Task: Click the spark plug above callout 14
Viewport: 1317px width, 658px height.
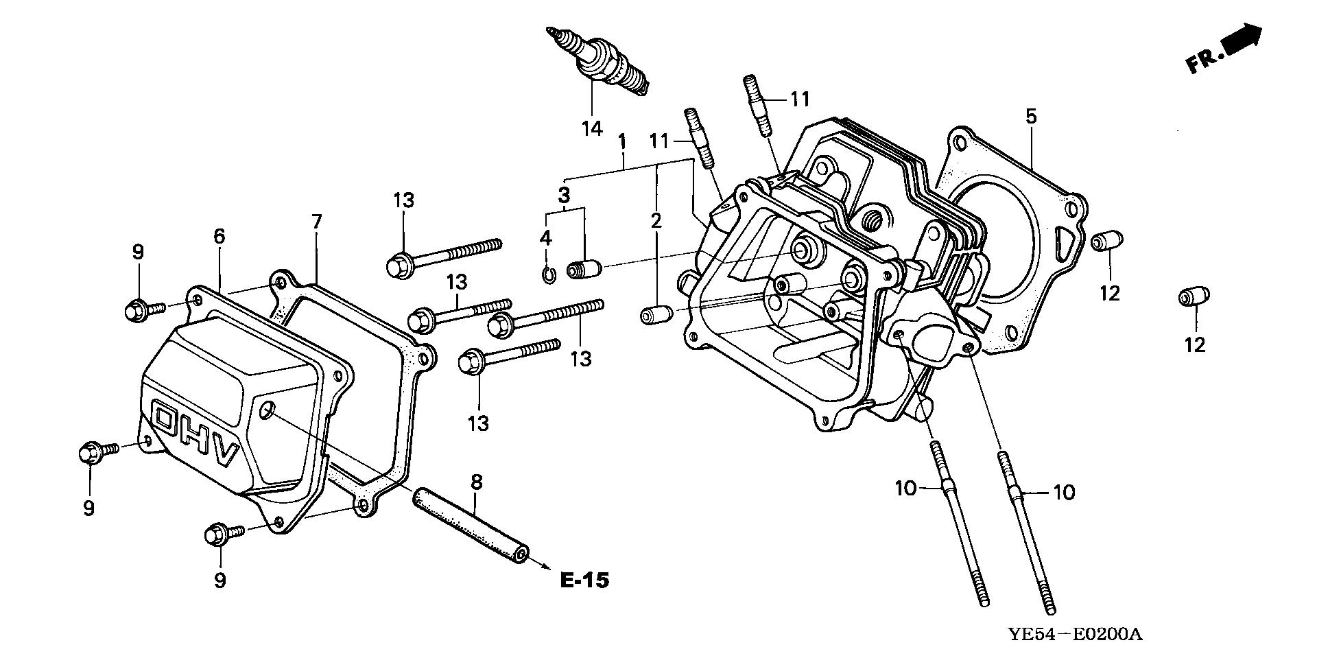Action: [x=597, y=64]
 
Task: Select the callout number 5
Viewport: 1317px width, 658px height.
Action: [x=1032, y=117]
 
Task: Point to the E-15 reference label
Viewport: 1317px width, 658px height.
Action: [x=584, y=580]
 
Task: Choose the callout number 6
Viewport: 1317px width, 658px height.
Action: [x=219, y=236]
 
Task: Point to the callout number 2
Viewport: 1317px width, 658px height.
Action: [x=656, y=220]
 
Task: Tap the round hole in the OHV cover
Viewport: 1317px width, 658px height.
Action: [x=268, y=411]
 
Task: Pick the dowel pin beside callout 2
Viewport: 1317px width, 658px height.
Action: [x=654, y=316]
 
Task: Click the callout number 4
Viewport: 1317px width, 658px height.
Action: [x=545, y=238]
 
